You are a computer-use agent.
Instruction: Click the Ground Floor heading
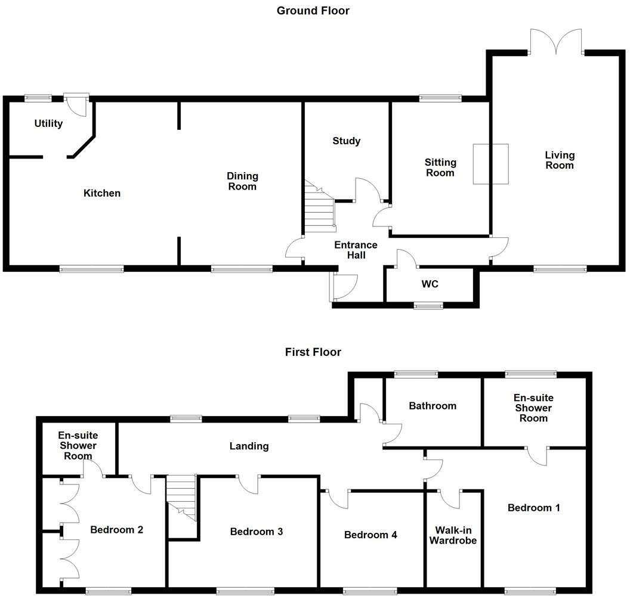click(313, 11)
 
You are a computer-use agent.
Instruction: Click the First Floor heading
click(313, 352)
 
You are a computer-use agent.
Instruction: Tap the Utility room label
click(48, 123)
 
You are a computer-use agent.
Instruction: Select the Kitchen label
click(101, 193)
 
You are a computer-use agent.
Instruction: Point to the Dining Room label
click(242, 181)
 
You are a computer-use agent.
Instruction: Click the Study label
click(347, 141)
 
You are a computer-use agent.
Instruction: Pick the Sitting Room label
click(440, 167)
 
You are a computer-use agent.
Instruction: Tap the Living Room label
click(560, 160)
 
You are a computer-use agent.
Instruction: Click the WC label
click(430, 284)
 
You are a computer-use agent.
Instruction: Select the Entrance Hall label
click(356, 250)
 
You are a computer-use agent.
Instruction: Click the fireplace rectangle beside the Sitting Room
click(491, 164)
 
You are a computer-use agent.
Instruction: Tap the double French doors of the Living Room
click(556, 43)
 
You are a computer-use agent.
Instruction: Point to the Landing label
click(249, 446)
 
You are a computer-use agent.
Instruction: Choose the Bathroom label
click(433, 406)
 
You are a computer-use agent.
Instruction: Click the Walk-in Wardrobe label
click(455, 535)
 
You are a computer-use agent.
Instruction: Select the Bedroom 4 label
click(370, 535)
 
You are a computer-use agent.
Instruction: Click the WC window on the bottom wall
click(429, 306)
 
